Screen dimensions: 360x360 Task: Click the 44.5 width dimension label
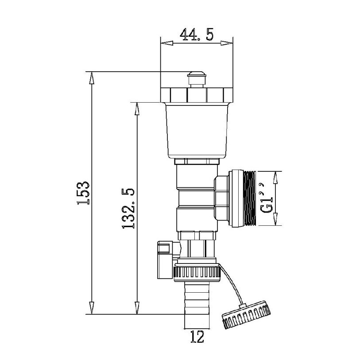point(197,35)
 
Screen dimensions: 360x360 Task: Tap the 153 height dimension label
point(83,193)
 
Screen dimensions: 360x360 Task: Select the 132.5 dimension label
point(128,208)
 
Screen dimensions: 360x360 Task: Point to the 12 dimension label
point(197,337)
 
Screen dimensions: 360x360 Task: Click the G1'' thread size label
point(267,197)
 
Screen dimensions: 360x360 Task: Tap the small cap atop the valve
point(197,79)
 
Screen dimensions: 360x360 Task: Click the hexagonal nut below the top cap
point(197,95)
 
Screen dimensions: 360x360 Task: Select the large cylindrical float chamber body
point(197,131)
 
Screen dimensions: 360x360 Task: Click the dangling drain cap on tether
point(246,315)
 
